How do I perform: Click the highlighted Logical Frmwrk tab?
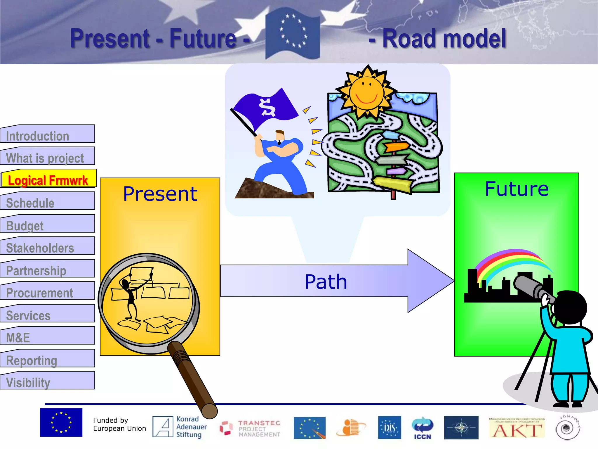[48, 180]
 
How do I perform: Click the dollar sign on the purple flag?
[267, 107]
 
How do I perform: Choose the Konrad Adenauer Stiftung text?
[191, 427]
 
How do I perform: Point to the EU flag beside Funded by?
[61, 422]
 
